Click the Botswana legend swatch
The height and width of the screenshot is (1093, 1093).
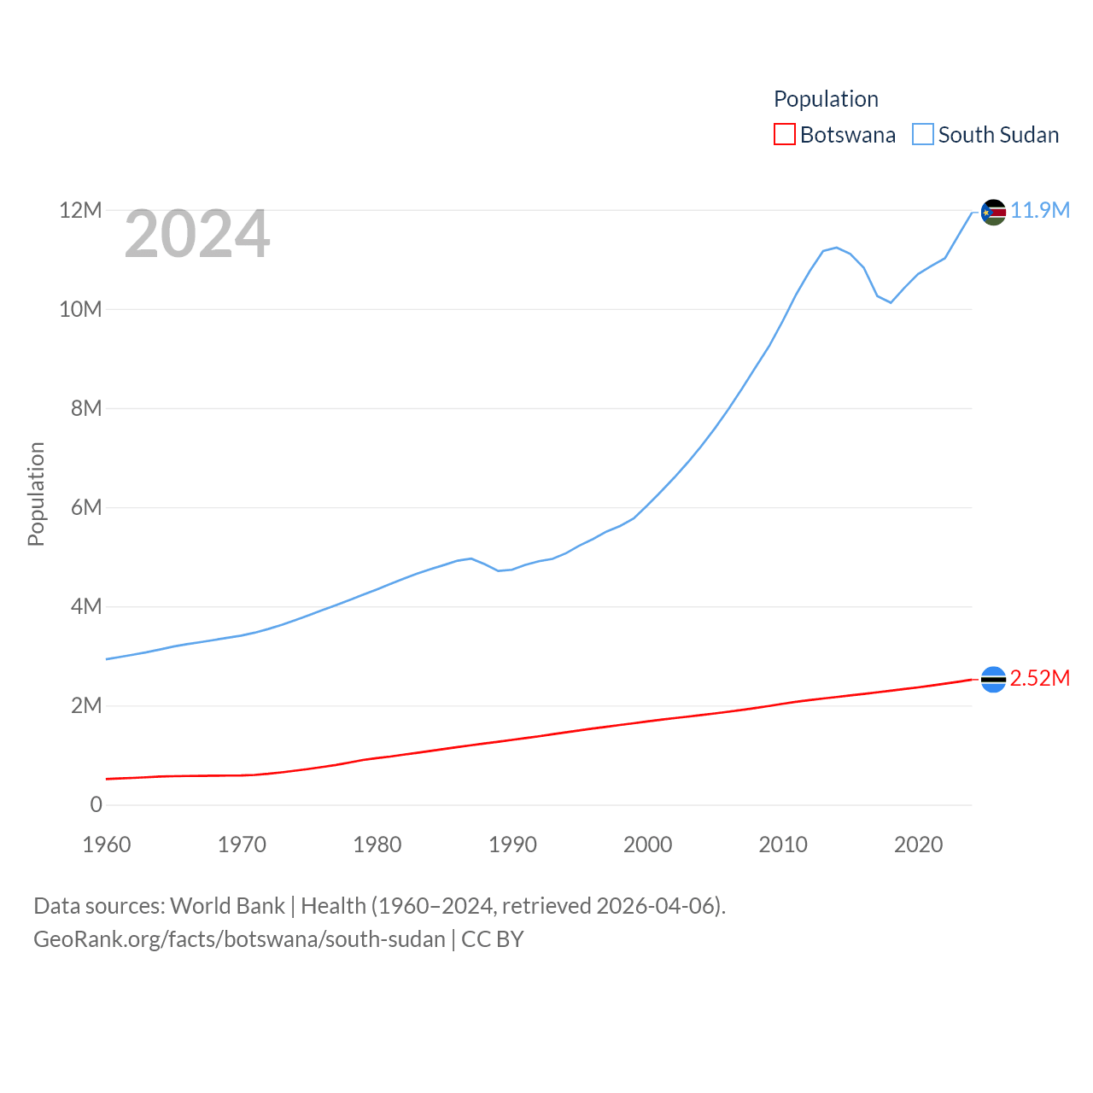coord(784,135)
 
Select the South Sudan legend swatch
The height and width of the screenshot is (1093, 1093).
coord(923,135)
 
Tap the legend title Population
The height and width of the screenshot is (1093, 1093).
coord(826,99)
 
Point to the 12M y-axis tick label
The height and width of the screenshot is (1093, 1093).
coord(80,210)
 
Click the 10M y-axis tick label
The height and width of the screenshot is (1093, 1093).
coord(80,309)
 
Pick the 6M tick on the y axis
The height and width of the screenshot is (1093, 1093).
coord(86,507)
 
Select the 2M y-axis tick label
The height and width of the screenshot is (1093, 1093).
coord(86,705)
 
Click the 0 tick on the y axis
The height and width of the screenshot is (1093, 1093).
coord(96,804)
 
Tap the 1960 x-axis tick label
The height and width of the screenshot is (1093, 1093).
coord(107,845)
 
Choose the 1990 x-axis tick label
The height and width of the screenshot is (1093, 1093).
coord(512,845)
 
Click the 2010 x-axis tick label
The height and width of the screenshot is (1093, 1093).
coord(783,845)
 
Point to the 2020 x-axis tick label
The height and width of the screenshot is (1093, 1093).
coord(918,845)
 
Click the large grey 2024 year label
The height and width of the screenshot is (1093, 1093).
coord(197,234)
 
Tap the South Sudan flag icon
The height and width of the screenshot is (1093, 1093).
coord(993,212)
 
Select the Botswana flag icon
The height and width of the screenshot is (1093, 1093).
coord(993,680)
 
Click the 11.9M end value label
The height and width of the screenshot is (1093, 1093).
coord(1040,211)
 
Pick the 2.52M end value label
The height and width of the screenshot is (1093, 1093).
coord(1040,679)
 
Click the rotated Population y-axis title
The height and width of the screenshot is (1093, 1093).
coord(36,494)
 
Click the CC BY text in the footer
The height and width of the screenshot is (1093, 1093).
coord(493,939)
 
